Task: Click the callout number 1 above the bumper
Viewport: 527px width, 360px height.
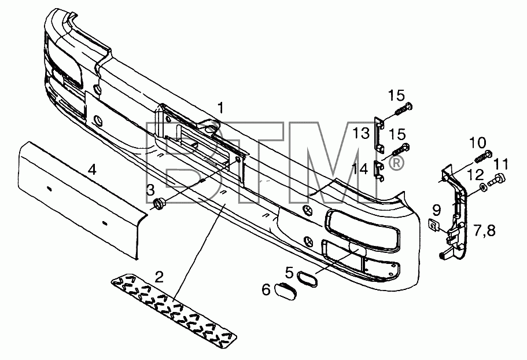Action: [x=220, y=108]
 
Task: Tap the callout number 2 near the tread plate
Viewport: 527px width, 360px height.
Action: [x=159, y=277]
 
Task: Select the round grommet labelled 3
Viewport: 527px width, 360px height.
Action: [x=159, y=204]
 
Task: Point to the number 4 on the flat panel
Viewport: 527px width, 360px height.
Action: [x=92, y=170]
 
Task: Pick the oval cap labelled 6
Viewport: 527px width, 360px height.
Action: [x=285, y=292]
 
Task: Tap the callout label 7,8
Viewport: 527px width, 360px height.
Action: [x=484, y=232]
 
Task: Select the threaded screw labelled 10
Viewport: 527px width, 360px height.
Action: [x=483, y=156]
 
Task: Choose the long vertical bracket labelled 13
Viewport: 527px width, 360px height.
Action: [x=380, y=135]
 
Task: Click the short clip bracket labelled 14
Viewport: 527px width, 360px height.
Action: [x=380, y=171]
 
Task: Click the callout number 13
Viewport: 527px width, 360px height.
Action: [x=360, y=133]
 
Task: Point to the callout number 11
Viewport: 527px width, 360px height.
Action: [x=501, y=165]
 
